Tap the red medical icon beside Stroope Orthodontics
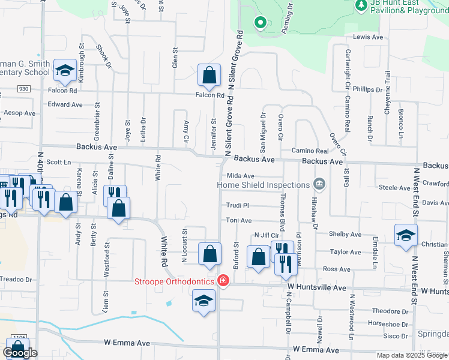(x=223, y=281)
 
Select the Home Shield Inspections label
(x=263, y=185)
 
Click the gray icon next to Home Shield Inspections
(x=319, y=185)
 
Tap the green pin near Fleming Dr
(x=260, y=23)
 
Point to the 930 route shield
(x=23, y=88)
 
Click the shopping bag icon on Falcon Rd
(x=209, y=76)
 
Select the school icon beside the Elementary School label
(x=64, y=71)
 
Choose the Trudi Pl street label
(x=237, y=205)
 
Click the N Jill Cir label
(x=268, y=235)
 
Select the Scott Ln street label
(x=59, y=162)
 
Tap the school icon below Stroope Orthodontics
(x=203, y=301)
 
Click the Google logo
(x=20, y=353)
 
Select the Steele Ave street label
(x=394, y=188)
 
